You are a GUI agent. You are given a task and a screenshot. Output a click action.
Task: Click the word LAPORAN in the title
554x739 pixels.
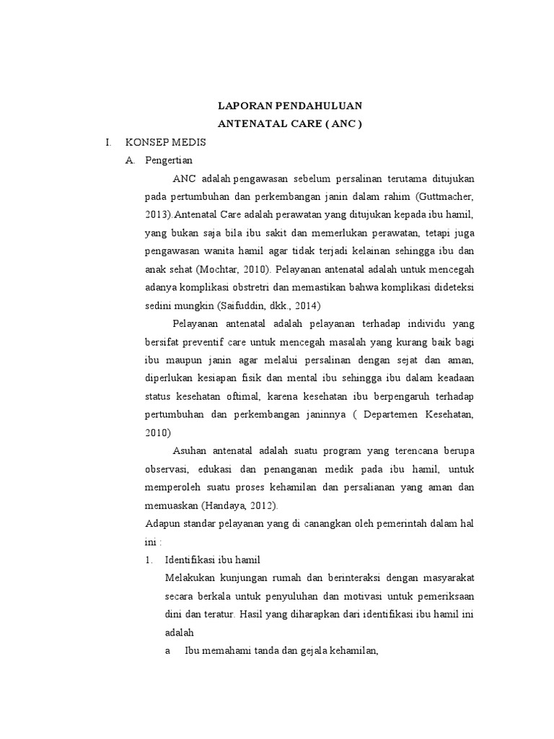pyautogui.click(x=242, y=105)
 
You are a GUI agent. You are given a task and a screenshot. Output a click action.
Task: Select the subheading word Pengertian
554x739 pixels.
pyautogui.click(x=169, y=160)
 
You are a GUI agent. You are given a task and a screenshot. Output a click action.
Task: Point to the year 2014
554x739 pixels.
pyautogui.click(x=290, y=307)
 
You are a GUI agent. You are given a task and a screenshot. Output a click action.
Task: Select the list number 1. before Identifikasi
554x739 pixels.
pyautogui.click(x=149, y=559)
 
